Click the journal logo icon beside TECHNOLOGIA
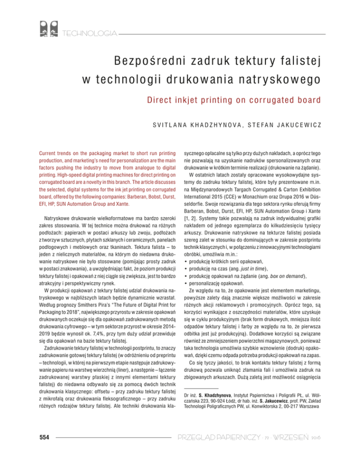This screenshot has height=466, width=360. click(48, 29)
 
